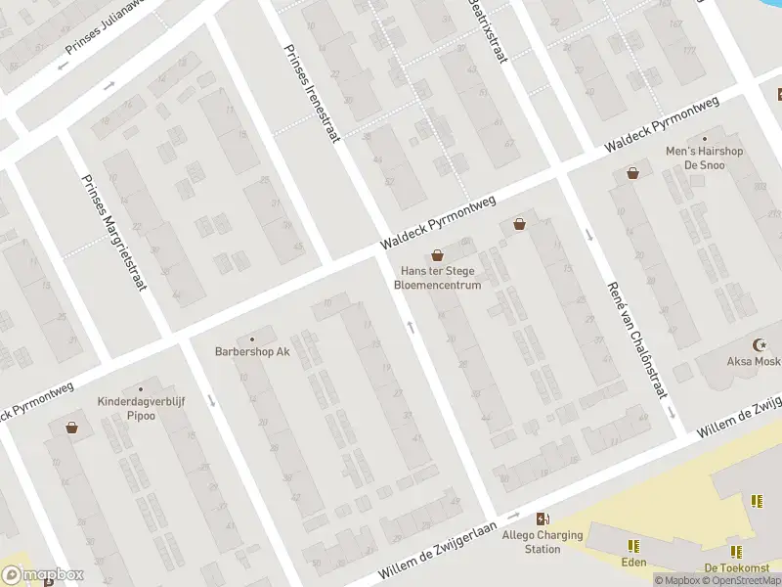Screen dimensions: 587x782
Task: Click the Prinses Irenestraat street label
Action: pos(312,93)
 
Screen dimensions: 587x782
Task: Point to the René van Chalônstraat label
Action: pos(635,339)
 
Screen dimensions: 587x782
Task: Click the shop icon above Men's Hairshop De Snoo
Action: pos(632,173)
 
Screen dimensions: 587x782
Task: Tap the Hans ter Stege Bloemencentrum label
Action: pos(437,278)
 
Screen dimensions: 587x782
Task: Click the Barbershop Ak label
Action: pos(253,351)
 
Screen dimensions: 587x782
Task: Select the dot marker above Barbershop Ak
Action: pos(252,339)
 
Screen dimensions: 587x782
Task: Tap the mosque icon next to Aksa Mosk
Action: pos(759,344)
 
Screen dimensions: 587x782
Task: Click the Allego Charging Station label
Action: pos(543,542)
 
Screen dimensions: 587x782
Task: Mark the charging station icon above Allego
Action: pos(543,519)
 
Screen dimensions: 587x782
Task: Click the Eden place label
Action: pos(633,563)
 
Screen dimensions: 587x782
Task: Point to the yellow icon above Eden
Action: pos(633,546)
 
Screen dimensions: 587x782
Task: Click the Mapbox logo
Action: pos(42,575)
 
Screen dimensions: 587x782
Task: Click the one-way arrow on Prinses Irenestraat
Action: pos(411,326)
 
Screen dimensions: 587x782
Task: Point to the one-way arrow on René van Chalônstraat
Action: pos(589,235)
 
